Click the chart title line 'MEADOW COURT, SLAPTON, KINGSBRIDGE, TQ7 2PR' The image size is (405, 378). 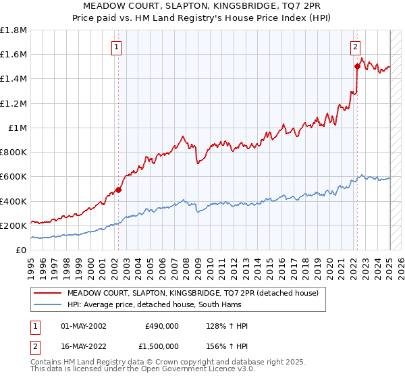[202, 6]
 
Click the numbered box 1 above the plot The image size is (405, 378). [117, 47]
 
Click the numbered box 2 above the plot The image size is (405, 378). [355, 47]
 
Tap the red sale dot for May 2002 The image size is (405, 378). [118, 190]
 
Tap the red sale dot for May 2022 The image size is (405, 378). [356, 66]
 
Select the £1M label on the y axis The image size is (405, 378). [18, 128]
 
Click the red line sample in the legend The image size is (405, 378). [49, 293]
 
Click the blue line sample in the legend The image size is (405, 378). [49, 304]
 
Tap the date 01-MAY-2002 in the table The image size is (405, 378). [84, 326]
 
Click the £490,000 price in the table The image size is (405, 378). [162, 326]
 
